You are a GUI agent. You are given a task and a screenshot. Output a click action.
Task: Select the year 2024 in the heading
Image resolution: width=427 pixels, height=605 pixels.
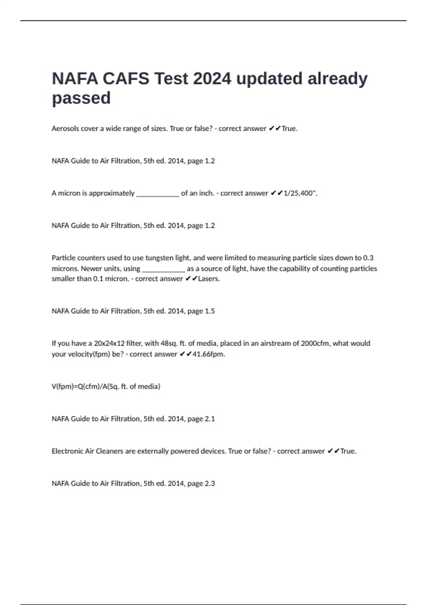[x=212, y=79]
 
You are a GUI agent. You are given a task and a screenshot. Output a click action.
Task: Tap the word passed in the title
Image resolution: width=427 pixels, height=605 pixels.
[x=81, y=98]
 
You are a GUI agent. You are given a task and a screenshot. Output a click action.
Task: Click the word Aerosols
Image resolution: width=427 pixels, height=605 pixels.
[x=65, y=128]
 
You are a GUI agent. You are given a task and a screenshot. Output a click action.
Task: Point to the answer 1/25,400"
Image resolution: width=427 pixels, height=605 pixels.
[x=300, y=193]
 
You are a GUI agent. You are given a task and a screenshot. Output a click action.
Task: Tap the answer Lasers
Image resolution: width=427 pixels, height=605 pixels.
[x=209, y=279]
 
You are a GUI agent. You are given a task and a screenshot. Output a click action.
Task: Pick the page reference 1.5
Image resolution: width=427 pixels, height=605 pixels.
[x=210, y=311]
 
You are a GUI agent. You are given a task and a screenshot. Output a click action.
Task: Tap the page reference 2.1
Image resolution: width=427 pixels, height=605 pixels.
[x=210, y=419]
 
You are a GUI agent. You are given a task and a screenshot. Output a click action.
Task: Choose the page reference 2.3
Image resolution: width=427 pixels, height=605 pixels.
[x=210, y=484]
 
